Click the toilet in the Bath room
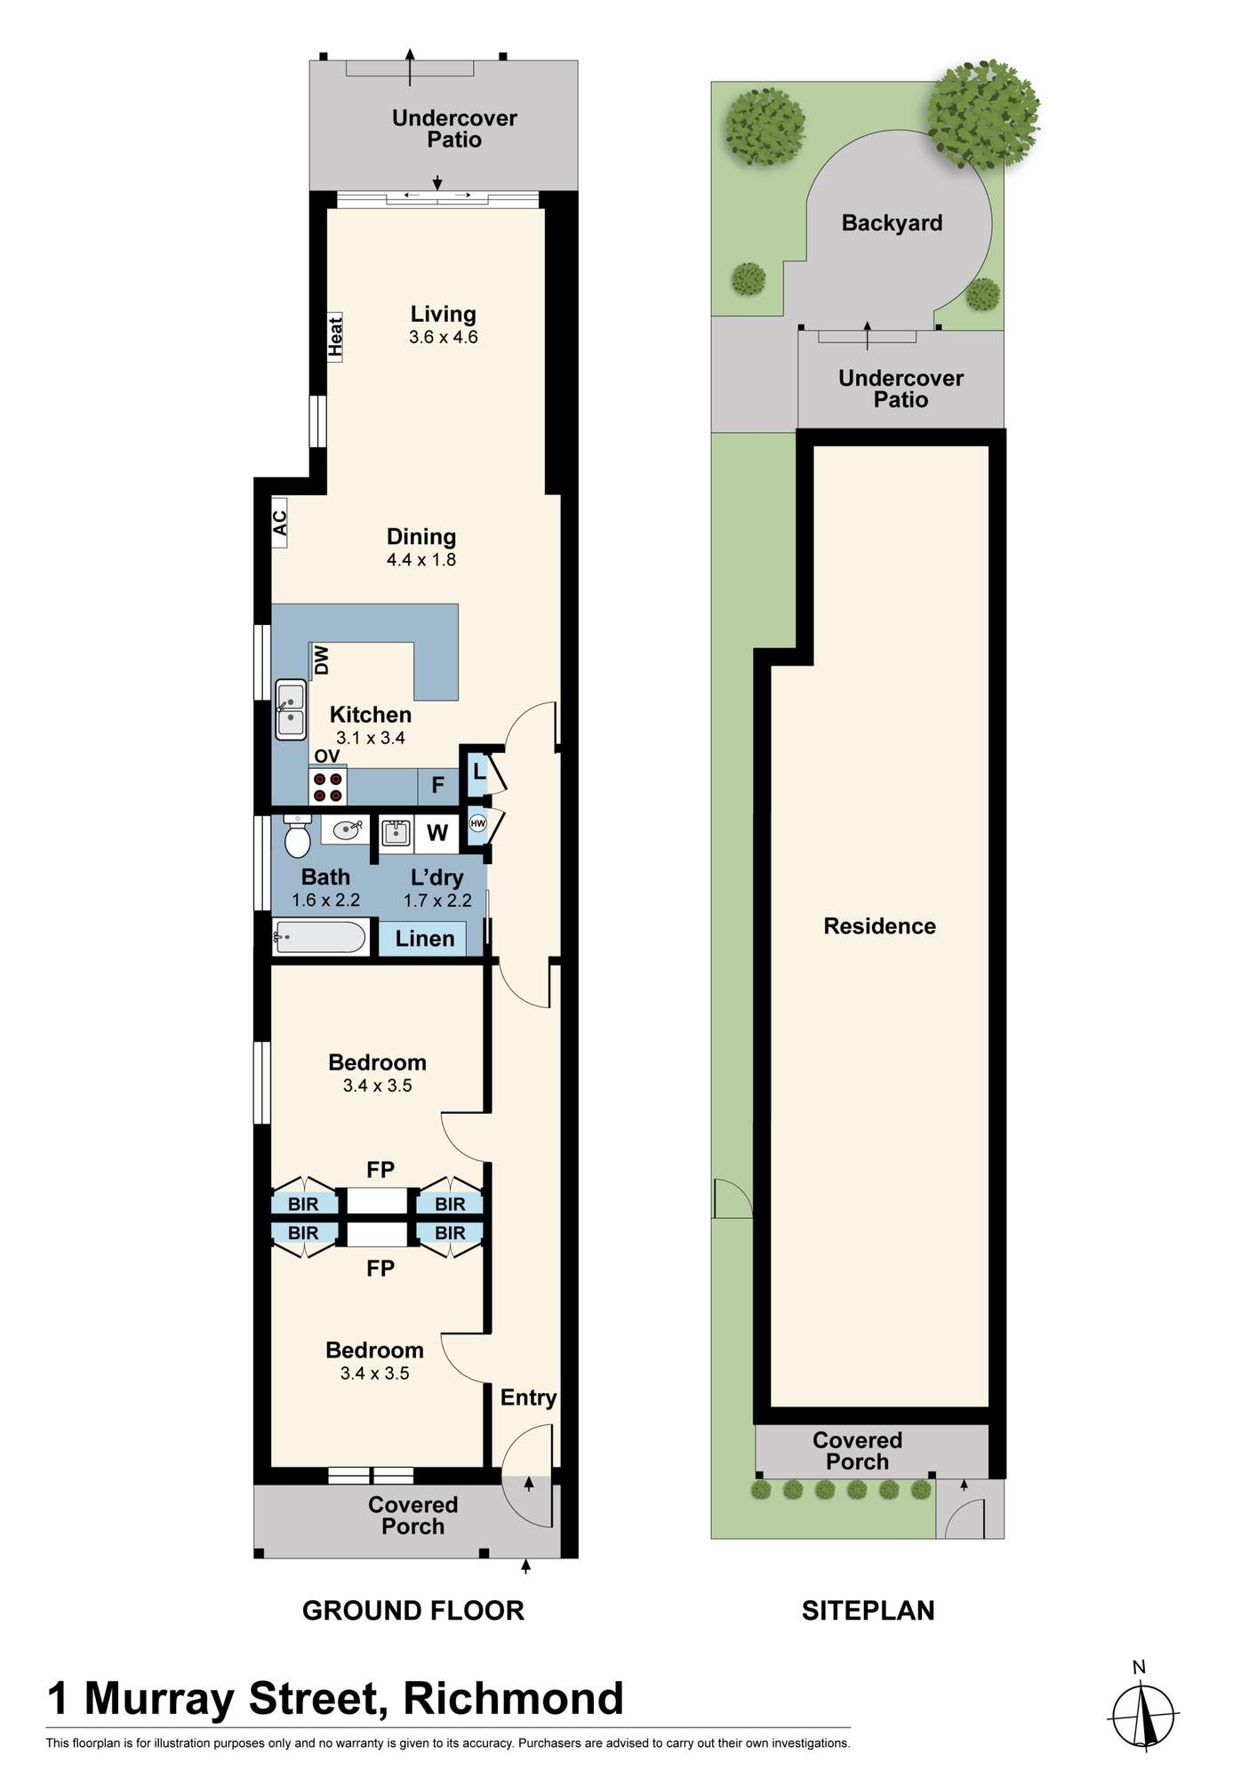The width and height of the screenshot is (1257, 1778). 298,836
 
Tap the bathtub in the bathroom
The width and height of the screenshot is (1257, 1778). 319,937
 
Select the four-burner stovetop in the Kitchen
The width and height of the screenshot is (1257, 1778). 328,786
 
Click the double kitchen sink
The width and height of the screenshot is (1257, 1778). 290,709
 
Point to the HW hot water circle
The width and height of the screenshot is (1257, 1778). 478,823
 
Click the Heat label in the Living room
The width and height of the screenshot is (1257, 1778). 335,337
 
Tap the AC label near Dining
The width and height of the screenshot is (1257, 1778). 280,523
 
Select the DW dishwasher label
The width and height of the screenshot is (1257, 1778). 321,660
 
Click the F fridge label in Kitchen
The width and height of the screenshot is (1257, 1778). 437,785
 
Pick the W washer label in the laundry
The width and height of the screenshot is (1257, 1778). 436,833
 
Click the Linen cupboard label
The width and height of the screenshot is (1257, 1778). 425,938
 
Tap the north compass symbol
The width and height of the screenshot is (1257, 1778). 1145,1717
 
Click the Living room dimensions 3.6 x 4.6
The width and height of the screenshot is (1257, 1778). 444,337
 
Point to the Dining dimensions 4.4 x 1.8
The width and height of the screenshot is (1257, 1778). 421,559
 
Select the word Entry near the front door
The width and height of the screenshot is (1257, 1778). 528,1398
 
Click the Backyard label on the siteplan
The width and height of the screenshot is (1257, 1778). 892,223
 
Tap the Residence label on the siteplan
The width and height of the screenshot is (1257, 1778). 879,926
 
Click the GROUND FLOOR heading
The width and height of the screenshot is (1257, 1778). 413,1611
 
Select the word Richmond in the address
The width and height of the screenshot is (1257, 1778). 514,1699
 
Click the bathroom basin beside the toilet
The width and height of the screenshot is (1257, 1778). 345,829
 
